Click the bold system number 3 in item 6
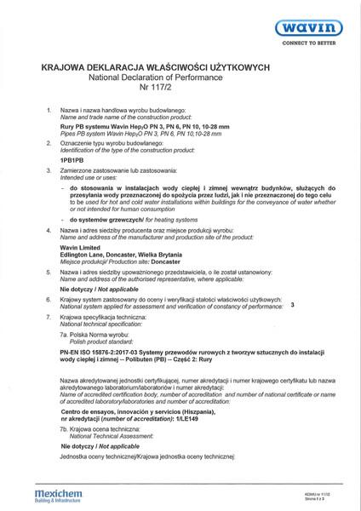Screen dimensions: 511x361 tap(293, 304)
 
